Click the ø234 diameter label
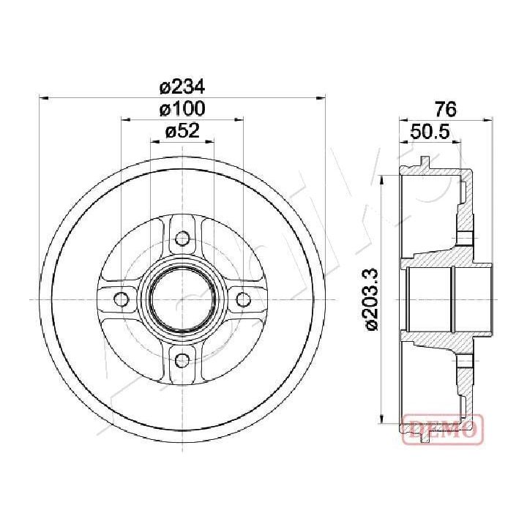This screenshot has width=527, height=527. click(182, 88)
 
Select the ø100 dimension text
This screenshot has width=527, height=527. click(182, 109)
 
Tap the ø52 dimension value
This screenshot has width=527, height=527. click(182, 131)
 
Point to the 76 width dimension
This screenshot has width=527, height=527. click(446, 109)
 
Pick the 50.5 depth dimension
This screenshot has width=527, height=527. click(430, 132)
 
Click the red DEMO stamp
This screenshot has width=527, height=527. click(443, 428)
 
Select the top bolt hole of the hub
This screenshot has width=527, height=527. click(182, 239)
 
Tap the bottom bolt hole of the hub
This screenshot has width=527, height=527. click(182, 360)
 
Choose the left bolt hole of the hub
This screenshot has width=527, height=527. click(122, 299)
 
